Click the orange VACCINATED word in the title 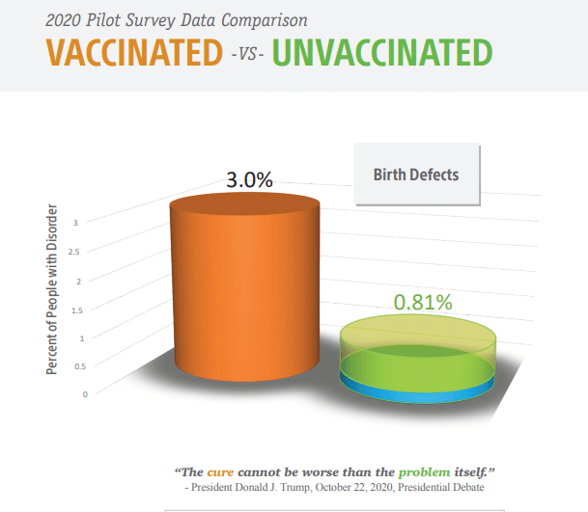[134, 52]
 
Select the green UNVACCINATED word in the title [382, 52]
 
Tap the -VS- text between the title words [247, 55]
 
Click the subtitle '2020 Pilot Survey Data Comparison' [177, 20]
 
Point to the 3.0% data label [249, 179]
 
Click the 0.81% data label [423, 302]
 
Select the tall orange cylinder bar [245, 287]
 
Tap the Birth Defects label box [417, 175]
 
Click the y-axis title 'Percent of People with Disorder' [52, 289]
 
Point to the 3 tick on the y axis [75, 223]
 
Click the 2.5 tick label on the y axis [74, 252]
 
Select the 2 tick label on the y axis [79, 282]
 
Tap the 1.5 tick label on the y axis [77, 310]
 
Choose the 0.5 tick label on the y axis [80, 366]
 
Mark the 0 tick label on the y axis [85, 394]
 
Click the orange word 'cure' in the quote [220, 472]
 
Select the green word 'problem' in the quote [424, 472]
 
